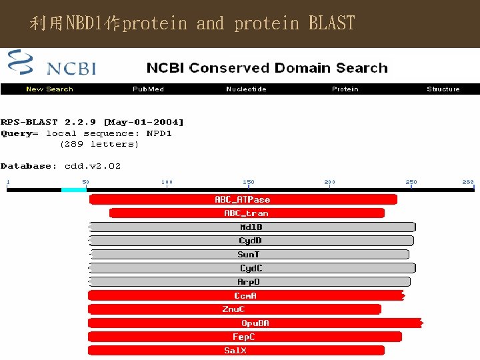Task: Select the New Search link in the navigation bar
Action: point(49,89)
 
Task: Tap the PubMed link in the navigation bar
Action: point(148,89)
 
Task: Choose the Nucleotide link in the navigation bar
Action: point(246,89)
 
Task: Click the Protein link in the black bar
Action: point(345,89)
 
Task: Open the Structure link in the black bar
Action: point(443,89)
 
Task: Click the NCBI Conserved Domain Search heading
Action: point(267,68)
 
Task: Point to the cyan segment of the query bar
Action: point(74,190)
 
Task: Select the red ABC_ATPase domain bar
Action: point(243,199)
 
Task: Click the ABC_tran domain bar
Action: point(247,213)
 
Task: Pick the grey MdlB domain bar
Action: point(251,227)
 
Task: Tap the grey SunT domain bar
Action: point(249,254)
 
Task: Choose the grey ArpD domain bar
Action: point(249,282)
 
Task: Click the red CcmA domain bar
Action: point(245,295)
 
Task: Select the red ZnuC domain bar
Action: point(234,309)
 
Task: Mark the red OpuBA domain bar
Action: point(255,323)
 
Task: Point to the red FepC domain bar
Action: point(244,337)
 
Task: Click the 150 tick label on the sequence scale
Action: point(248,182)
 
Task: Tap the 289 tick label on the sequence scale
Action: point(468,182)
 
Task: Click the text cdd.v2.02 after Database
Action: point(93,166)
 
